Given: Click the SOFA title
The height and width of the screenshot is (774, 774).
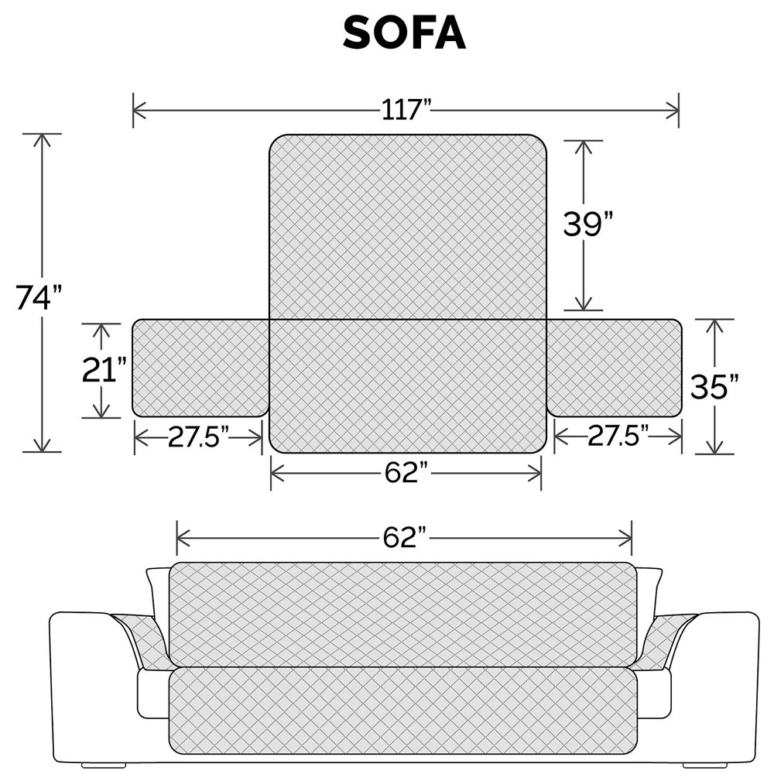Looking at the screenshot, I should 403,33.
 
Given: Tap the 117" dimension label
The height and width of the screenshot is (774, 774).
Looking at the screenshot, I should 406,109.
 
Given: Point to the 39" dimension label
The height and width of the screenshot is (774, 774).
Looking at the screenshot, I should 587,225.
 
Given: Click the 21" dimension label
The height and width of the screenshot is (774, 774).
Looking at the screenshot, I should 104,369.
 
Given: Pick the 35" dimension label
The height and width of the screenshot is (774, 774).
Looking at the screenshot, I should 714,385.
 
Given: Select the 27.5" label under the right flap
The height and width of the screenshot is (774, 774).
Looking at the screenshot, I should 617,437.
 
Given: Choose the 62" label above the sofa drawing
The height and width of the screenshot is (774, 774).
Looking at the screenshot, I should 405,535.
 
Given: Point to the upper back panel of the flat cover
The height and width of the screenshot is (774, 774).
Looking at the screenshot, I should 408,226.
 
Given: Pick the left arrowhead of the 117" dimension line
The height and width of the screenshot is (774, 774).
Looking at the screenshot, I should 138,110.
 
